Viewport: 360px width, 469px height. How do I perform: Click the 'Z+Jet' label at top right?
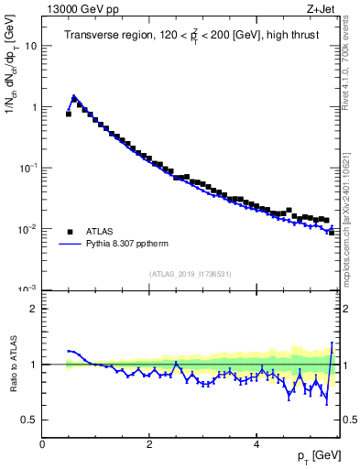(323, 10)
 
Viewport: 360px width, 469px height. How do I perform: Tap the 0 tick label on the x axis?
(43, 444)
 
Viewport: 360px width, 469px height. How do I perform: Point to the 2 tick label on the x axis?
(149, 444)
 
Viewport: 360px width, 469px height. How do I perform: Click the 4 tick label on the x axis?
(256, 444)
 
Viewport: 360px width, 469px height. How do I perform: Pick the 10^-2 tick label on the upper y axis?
(27, 229)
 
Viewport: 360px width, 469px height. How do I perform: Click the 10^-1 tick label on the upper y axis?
(27, 168)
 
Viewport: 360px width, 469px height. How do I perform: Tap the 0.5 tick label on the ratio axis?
(29, 420)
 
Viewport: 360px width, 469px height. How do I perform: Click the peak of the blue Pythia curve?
(73, 95)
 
